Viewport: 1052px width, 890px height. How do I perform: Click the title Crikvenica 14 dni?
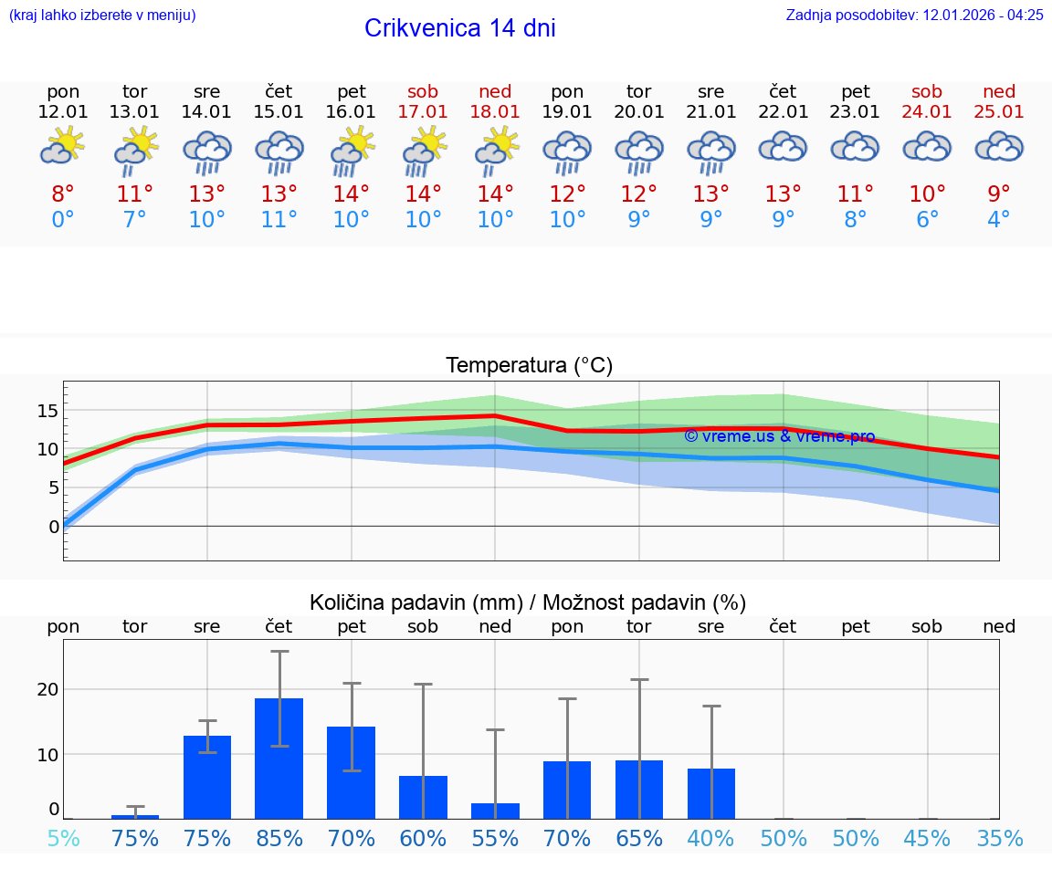point(459,28)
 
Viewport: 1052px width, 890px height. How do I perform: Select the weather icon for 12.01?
point(63,146)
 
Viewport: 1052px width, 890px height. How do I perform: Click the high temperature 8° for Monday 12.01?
point(63,194)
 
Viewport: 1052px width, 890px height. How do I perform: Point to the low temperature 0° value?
point(63,220)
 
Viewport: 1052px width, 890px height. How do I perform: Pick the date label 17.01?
point(423,111)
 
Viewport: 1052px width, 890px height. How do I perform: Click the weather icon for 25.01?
point(999,146)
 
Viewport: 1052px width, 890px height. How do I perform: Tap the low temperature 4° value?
point(999,220)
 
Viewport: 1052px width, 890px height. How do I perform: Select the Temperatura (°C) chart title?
point(529,366)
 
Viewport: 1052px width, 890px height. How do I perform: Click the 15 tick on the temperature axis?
point(47,411)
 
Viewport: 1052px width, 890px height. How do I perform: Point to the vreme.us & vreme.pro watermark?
point(779,436)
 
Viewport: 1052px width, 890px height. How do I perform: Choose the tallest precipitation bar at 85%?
point(279,758)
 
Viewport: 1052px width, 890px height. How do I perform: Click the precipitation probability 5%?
point(63,838)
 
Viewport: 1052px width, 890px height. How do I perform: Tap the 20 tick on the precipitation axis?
point(47,688)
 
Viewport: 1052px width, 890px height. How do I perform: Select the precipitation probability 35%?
point(999,838)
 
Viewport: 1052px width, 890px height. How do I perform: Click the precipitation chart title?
point(528,602)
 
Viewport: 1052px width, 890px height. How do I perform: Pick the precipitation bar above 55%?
point(495,811)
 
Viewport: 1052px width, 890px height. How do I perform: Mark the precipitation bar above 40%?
point(711,793)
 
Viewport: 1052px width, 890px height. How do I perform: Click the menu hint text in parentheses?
point(102,15)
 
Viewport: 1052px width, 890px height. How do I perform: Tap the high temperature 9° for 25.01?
point(999,194)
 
